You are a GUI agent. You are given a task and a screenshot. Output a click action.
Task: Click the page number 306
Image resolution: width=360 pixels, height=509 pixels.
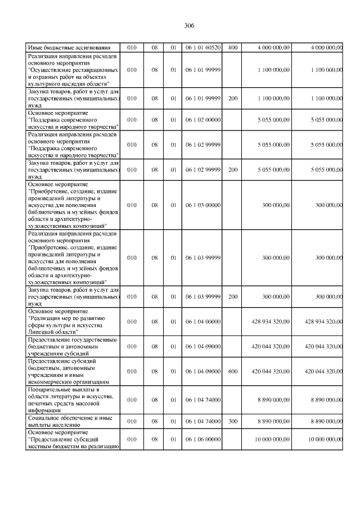(x=189, y=26)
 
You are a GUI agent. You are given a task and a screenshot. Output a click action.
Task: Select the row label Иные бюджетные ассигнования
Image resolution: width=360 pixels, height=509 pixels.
(x=65, y=48)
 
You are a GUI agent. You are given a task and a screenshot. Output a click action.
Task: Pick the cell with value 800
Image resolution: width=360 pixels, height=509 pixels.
(x=232, y=48)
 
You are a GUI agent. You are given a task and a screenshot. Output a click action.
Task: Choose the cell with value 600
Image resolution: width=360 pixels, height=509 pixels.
(x=232, y=371)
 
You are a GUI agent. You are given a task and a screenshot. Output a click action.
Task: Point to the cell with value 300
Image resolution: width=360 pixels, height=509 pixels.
(x=232, y=420)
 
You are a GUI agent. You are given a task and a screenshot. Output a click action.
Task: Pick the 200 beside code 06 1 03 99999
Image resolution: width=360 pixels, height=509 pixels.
(x=232, y=296)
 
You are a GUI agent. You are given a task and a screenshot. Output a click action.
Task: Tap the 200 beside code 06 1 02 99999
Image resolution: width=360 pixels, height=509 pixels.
(x=232, y=169)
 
